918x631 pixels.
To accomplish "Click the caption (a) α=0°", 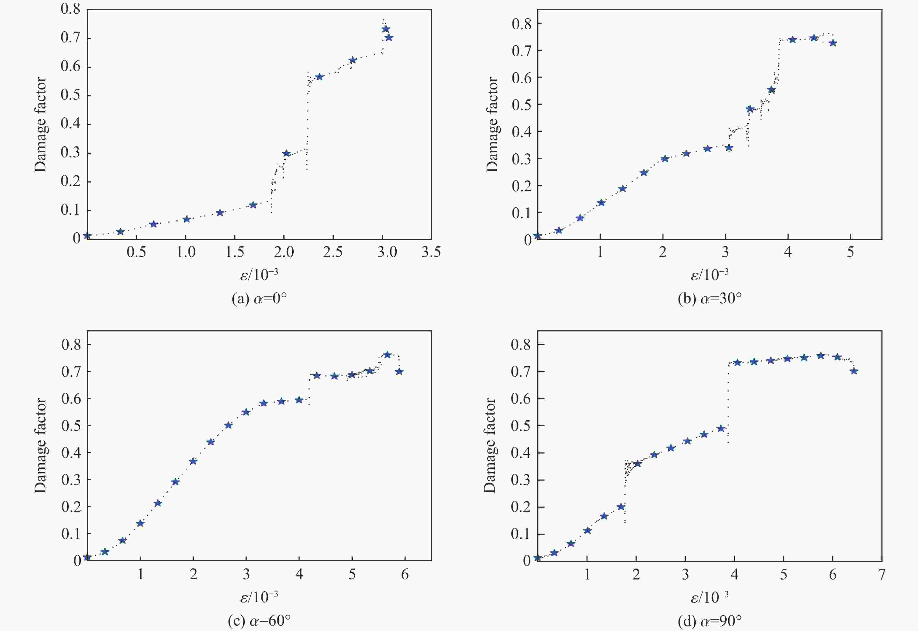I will coord(259,298).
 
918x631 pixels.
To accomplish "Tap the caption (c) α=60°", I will coord(259,621).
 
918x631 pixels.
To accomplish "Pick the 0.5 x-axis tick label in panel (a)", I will coord(136,252).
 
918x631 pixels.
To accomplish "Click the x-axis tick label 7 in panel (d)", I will coord(882,574).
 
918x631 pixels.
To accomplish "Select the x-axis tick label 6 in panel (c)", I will coord(405,574).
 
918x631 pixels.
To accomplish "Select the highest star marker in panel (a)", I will coord(385,29).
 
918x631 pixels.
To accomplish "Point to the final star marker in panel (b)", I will coord(833,43).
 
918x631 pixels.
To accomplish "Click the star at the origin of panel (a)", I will coord(87,236).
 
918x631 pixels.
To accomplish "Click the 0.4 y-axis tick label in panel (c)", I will coord(71,453).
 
